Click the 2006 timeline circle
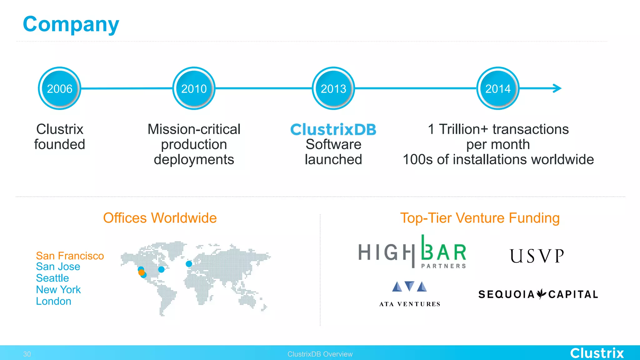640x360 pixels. coord(59,88)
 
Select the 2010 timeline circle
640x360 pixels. coord(194,88)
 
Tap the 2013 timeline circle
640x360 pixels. coord(333,88)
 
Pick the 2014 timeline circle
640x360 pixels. coord(498,88)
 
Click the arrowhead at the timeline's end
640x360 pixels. coord(557,88)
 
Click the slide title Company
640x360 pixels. coord(71,24)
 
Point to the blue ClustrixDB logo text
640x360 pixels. coord(333,129)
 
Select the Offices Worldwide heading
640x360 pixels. coord(160,218)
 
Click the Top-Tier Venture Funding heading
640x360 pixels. coord(480,218)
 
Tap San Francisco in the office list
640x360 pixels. coord(70,256)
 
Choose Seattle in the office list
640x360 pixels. coord(52,278)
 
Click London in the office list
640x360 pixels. coord(53,301)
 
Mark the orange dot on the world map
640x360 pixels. coord(141,272)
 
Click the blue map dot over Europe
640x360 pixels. coord(189,264)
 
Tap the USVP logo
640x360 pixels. coord(537,256)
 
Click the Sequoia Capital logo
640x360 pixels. coord(538,294)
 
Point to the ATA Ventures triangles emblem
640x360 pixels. coord(409,286)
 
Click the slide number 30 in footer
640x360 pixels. coord(27,354)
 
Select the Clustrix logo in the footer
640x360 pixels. coord(597,353)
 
